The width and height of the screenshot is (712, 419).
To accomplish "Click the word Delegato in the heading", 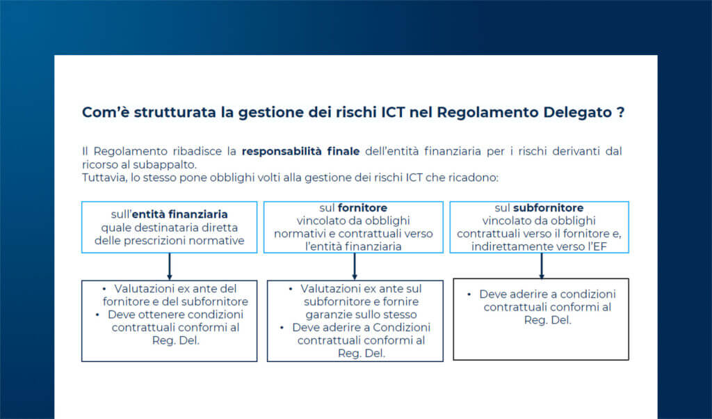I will (x=572, y=113).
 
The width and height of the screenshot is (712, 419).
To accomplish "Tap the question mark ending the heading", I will (x=620, y=113).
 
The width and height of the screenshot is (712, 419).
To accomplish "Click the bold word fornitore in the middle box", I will (x=362, y=207).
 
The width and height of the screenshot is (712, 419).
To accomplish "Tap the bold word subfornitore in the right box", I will (x=548, y=207).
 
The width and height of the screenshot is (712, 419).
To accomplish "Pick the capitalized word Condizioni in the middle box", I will (x=398, y=327).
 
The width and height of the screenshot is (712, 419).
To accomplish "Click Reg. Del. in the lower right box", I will (x=541, y=320).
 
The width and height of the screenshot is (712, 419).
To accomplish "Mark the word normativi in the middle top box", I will (x=299, y=234).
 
